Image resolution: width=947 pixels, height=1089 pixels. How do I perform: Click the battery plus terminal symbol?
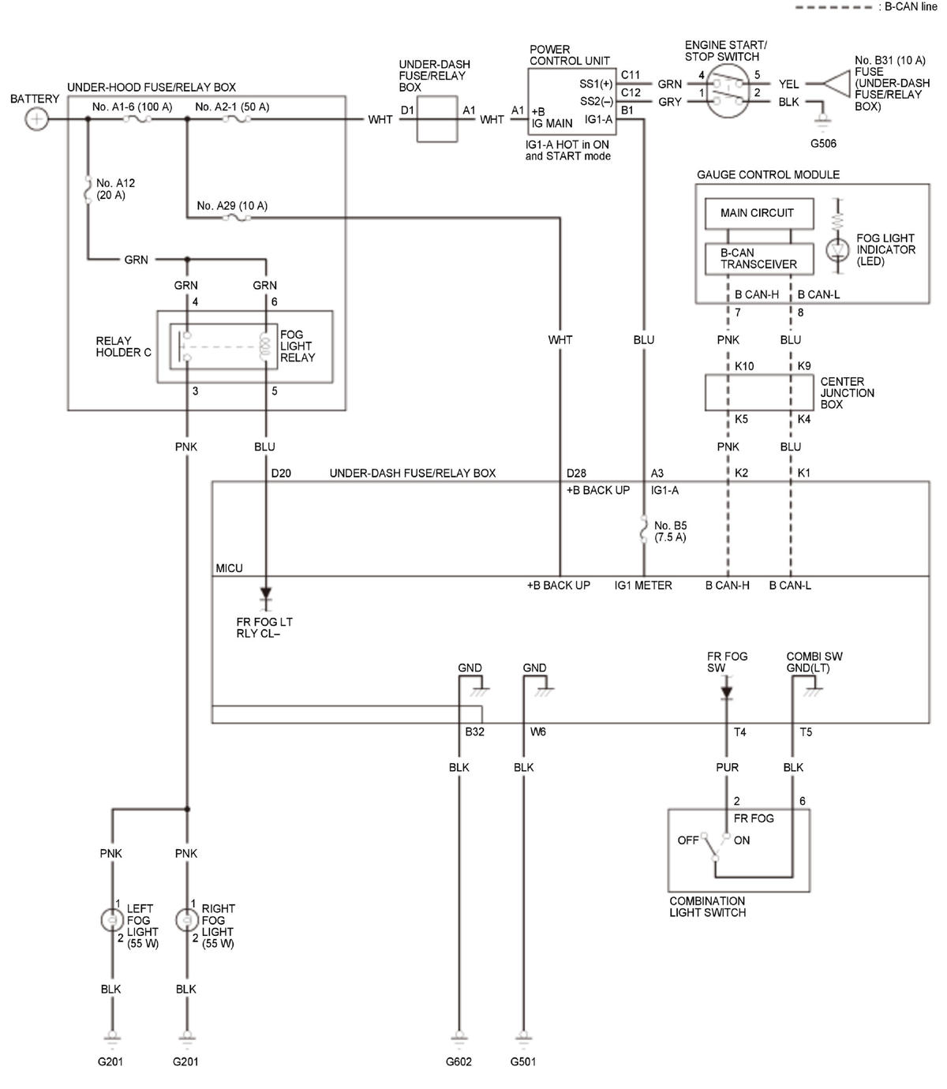point(36,118)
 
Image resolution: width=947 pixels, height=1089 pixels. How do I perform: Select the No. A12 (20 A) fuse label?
point(115,189)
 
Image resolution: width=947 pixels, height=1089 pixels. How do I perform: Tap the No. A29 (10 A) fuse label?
point(231,205)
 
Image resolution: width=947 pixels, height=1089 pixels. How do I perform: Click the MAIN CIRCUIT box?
point(758,213)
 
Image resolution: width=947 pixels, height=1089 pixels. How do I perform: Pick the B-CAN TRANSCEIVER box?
point(758,259)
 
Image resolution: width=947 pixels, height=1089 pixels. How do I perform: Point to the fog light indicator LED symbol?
point(837,249)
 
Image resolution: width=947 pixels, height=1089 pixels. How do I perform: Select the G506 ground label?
point(823,143)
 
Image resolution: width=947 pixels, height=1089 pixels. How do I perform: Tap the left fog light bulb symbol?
point(112,920)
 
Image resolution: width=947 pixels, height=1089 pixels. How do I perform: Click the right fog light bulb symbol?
point(187,920)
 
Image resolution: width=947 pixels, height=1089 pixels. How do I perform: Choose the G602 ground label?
point(459,1061)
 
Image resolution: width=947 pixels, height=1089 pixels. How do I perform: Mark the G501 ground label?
point(522,1061)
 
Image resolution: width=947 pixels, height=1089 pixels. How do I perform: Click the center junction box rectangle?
point(758,392)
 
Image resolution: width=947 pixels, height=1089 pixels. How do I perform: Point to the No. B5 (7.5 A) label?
point(670,530)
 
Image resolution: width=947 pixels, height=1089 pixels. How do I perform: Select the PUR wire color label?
point(727,767)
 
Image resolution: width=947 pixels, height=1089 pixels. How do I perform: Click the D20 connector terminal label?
point(281,473)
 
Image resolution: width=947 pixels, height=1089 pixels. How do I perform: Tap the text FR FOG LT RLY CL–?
point(264,627)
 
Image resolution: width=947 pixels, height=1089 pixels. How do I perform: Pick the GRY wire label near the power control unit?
point(670,102)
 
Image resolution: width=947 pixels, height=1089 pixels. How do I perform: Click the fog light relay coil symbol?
point(264,346)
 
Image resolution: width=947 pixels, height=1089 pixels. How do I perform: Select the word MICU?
point(229,568)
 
